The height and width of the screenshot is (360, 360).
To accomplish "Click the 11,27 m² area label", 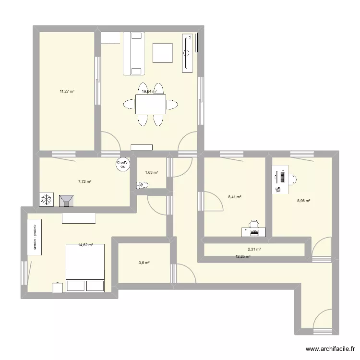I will click(67, 91).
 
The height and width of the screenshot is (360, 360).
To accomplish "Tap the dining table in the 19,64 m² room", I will click(151, 104).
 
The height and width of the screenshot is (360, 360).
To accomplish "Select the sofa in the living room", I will click(133, 53).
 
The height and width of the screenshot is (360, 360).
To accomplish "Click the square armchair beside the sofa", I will click(163, 53).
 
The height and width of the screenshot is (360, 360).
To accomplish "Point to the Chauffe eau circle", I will click(122, 165).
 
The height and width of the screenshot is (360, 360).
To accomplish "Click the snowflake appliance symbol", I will click(47, 200).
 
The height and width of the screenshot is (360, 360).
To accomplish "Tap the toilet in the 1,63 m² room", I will click(142, 184).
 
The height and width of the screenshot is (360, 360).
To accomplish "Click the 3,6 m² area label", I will click(144, 263).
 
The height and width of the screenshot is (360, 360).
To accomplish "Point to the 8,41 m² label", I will click(234, 197).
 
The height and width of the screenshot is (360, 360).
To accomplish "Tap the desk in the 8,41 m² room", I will click(253, 232).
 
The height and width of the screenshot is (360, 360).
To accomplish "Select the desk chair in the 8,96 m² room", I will click(291, 178).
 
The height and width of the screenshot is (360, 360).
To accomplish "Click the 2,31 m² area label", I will click(254, 249).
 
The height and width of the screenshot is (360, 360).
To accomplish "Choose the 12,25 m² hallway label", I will click(243, 257).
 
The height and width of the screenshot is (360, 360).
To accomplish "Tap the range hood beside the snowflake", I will click(66, 200).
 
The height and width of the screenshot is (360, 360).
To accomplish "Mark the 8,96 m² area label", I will click(303, 201).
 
